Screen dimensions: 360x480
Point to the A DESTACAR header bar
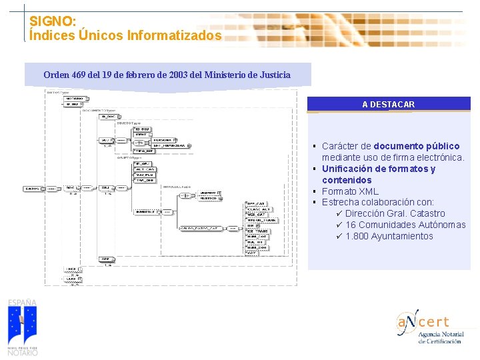coord(389,104)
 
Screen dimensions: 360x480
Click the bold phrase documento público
coord(417,146)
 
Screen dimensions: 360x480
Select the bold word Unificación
coord(350,169)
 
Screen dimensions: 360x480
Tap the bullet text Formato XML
coord(350,191)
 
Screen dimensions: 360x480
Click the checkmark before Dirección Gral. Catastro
coord(339,213)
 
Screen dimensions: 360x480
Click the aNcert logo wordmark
coord(424,322)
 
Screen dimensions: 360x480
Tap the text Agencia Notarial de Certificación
coord(439,337)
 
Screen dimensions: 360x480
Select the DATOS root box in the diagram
coord(31,189)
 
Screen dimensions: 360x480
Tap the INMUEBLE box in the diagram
coord(149,212)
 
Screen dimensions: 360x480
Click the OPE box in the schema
coord(105,259)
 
